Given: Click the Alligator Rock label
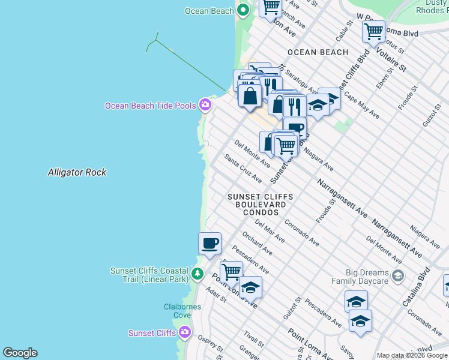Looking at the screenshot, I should coord(77,172).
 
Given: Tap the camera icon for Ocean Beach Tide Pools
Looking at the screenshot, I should coord(205,105).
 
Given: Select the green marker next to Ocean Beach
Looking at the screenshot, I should coord(243,10).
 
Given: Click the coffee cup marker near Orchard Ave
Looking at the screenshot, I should coord(209,243).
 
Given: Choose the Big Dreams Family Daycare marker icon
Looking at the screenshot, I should coord(397,275).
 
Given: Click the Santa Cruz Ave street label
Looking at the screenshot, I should coord(243,169).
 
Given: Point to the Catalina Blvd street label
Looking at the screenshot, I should coord(425,277).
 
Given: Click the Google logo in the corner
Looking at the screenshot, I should coord(20,353).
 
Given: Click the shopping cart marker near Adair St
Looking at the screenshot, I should coord(231,272).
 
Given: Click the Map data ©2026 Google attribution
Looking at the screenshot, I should coord(412,355).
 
